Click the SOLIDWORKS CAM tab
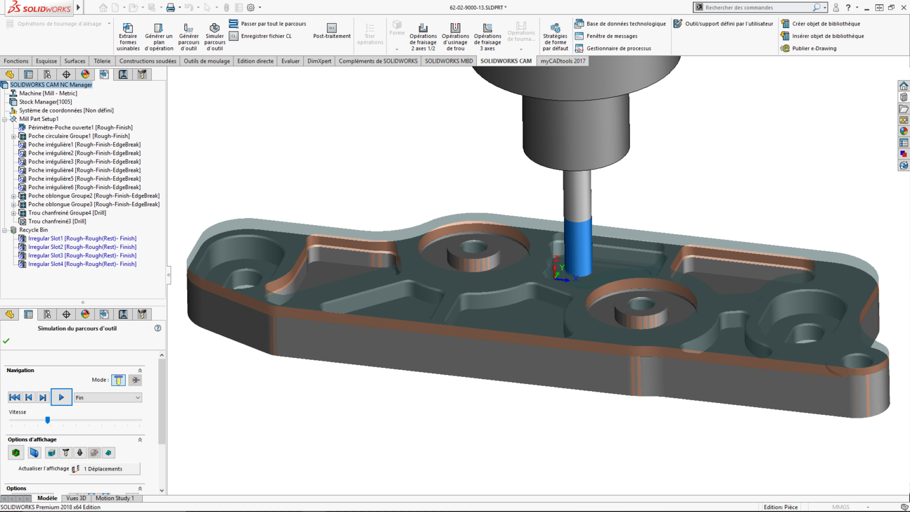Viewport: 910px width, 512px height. coord(506,61)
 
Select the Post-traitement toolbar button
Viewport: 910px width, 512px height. coord(332,31)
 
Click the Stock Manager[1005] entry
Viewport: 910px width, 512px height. coord(45,102)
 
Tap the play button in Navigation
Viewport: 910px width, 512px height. coord(61,397)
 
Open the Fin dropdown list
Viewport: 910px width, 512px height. coord(108,398)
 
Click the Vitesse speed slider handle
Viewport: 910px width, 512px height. coord(47,420)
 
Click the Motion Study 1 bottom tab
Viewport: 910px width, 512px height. coord(115,498)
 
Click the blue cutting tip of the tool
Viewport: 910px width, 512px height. coord(578,246)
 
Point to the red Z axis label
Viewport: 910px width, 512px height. coord(556,258)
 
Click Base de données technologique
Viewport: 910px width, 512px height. coord(626,24)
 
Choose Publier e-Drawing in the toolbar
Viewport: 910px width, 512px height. coord(814,49)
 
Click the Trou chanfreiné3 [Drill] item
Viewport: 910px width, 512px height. coord(57,221)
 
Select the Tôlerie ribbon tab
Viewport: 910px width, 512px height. coord(102,61)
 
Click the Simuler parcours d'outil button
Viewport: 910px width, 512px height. coord(214,37)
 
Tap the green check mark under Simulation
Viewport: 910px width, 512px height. coord(6,341)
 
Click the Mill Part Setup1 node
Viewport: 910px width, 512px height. coord(39,119)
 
